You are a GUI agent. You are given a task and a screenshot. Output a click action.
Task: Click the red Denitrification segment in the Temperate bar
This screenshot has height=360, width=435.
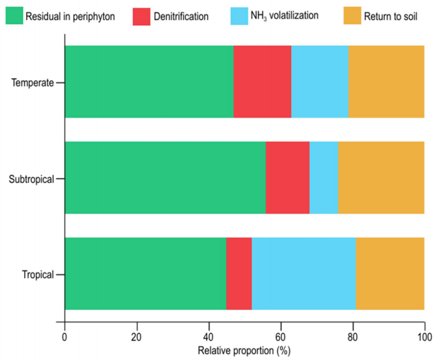click(262, 82)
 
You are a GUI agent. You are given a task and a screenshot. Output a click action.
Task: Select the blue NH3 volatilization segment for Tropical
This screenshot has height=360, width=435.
click(304, 273)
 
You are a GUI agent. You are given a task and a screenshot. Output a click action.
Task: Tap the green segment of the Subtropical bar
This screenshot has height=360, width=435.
click(165, 177)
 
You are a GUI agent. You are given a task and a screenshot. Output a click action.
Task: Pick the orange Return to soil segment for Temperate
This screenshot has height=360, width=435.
click(386, 82)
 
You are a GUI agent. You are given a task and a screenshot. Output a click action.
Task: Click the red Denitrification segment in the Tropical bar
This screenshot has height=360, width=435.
click(239, 273)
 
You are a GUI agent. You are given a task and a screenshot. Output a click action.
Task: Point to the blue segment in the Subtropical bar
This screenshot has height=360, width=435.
click(324, 177)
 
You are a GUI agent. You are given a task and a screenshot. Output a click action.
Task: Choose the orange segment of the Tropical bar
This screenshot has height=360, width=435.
click(390, 273)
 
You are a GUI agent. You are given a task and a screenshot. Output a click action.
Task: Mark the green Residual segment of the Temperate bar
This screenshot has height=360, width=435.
click(150, 82)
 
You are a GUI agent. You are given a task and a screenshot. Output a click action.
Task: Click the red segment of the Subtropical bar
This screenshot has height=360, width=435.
click(287, 177)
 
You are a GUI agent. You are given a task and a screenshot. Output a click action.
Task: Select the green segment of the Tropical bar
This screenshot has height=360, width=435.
click(145, 273)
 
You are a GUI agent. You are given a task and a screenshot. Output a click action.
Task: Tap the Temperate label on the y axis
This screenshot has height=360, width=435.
click(33, 83)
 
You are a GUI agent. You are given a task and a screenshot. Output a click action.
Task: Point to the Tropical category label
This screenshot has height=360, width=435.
click(38, 275)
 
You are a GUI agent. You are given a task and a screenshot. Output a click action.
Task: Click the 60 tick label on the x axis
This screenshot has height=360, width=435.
click(281, 337)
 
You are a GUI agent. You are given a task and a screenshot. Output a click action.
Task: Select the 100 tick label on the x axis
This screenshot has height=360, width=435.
click(424, 337)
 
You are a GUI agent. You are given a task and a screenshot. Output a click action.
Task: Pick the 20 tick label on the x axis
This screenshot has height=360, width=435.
click(137, 337)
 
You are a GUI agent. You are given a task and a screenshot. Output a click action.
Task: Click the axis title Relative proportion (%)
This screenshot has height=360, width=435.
click(244, 350)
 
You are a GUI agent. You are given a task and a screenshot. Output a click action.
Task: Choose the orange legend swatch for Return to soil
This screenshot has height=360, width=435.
click(352, 16)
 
